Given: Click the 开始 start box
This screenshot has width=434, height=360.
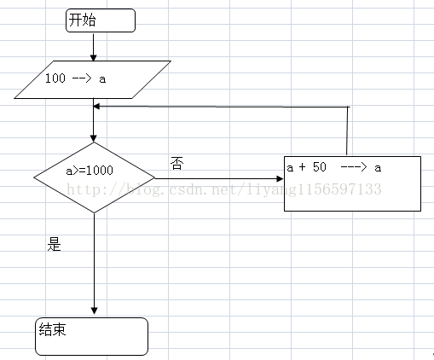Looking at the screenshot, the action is click(x=101, y=20).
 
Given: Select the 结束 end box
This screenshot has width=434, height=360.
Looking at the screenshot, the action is click(x=91, y=336).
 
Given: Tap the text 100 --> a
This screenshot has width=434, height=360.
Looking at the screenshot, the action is click(x=75, y=78).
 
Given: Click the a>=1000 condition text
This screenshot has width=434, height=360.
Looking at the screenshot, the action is click(x=90, y=171).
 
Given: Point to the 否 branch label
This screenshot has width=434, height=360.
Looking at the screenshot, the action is click(x=176, y=163).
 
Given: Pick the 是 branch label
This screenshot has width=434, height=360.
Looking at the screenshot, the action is click(x=54, y=244).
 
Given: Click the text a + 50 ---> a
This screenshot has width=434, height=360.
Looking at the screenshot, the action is click(x=334, y=167).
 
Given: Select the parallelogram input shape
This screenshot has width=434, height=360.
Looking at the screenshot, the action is click(x=92, y=79).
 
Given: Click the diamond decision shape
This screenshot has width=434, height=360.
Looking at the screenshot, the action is click(x=94, y=177).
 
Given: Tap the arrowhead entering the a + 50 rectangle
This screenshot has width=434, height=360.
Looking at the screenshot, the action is click(x=280, y=178).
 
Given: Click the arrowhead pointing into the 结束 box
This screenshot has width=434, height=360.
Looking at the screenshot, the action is click(x=94, y=311).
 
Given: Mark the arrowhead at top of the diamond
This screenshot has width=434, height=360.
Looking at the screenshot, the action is click(x=93, y=138).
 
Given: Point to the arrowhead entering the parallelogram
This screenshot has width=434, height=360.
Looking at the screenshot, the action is click(x=93, y=57).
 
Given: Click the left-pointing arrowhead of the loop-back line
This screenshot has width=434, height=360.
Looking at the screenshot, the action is click(x=96, y=107).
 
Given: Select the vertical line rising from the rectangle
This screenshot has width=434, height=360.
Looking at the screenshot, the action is click(x=347, y=131).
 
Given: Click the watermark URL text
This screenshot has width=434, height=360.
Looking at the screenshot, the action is click(x=224, y=189).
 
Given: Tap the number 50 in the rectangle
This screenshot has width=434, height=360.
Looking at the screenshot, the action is click(x=320, y=166).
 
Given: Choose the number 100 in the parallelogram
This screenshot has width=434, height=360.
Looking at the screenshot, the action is click(x=55, y=78).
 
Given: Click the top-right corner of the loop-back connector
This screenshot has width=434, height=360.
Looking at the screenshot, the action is click(x=348, y=107).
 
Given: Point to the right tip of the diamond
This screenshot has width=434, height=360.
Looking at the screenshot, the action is click(x=155, y=178).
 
